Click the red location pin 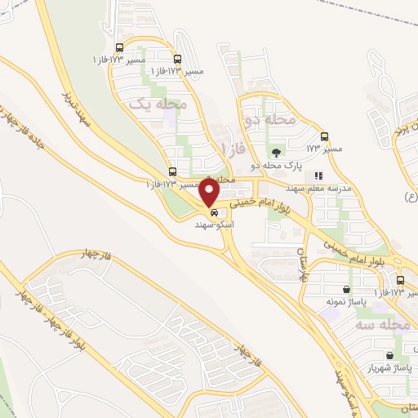pyautogui.click(x=210, y=193)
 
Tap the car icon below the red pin pyautogui.click(x=214, y=211)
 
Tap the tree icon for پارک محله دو pyautogui.click(x=277, y=152)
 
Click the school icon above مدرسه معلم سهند pyautogui.click(x=318, y=176)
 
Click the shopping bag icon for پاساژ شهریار pyautogui.click(x=389, y=355)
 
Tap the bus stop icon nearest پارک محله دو pyautogui.click(x=325, y=136)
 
